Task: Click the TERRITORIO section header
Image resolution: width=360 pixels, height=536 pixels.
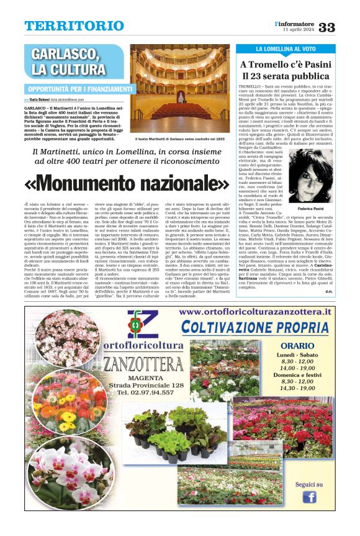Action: point(74,25)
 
